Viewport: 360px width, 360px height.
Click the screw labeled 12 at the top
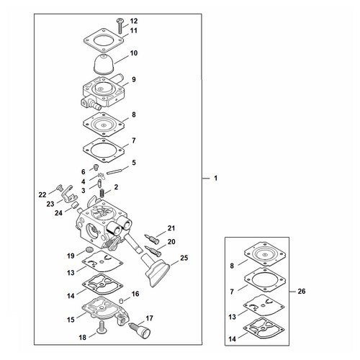click(120, 26)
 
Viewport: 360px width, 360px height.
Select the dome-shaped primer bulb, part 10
click(104, 63)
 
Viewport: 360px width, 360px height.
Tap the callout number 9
click(134, 79)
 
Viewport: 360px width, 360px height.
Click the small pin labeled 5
click(114, 172)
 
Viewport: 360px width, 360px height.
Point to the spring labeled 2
click(102, 192)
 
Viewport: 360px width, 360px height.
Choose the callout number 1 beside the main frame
click(215, 178)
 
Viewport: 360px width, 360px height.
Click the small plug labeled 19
click(89, 249)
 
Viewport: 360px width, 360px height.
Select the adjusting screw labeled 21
click(152, 238)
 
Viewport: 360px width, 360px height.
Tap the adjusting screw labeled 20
click(153, 251)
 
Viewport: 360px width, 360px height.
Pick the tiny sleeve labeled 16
click(121, 300)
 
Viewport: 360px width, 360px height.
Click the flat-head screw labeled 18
click(102, 327)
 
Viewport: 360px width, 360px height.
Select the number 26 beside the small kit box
click(302, 291)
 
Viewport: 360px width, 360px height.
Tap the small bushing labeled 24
click(76, 205)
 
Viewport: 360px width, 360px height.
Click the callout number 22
click(42, 194)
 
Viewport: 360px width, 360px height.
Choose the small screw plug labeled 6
click(96, 166)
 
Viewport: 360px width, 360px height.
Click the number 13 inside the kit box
click(232, 317)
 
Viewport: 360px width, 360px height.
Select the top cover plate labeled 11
click(104, 40)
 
